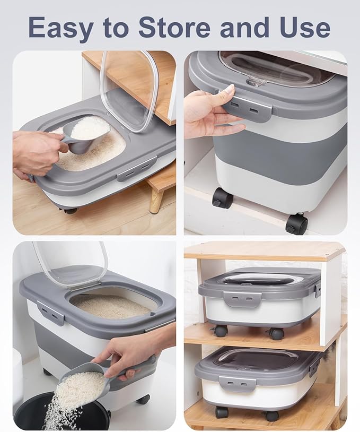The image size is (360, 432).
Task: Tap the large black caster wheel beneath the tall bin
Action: coord(296,223)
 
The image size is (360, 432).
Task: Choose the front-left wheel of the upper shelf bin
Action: coord(221,331)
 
